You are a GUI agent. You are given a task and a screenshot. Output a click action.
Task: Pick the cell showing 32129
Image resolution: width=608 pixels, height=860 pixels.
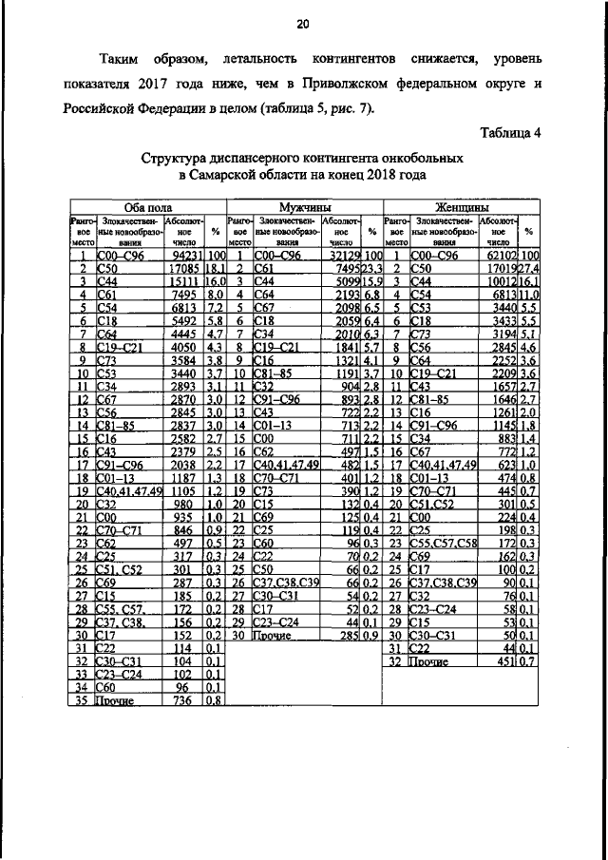(x=342, y=256)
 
